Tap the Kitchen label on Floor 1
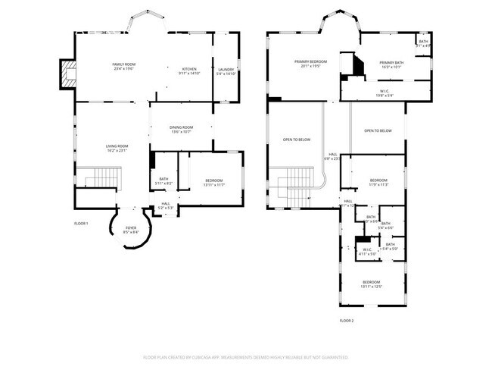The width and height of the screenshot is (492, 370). (x=188, y=70)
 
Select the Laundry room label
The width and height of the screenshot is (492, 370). (x=226, y=71)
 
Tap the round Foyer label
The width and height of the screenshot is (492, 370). (x=131, y=229)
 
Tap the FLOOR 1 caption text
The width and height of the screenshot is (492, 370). (x=81, y=223)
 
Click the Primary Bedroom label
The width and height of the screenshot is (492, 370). (x=310, y=63)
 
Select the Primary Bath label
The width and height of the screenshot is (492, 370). (x=391, y=64)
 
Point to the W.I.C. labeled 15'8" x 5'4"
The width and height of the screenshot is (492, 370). (x=385, y=93)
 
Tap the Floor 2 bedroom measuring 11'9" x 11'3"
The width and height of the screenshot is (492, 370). (x=378, y=181)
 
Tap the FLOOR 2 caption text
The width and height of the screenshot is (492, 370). (x=346, y=321)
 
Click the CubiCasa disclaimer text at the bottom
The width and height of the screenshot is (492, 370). (x=245, y=356)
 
